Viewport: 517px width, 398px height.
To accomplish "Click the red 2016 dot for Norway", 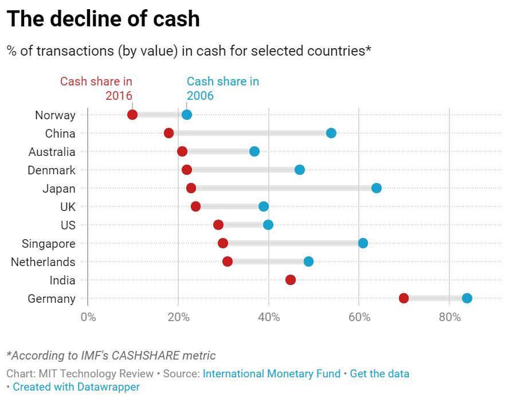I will pyautogui.click(x=132, y=115).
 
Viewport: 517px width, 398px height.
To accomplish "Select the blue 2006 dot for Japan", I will pyautogui.click(x=377, y=188).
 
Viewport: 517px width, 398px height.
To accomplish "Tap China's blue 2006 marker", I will pyautogui.click(x=331, y=133).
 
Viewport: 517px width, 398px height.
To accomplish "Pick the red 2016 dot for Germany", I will pyautogui.click(x=404, y=298).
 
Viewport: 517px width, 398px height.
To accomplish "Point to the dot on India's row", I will pyautogui.click(x=291, y=280).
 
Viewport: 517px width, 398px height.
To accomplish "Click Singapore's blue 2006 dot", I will pyautogui.click(x=363, y=243).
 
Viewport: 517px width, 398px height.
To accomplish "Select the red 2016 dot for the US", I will pyautogui.click(x=218, y=225).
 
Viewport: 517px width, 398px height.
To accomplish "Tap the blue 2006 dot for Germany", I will pyautogui.click(x=467, y=298).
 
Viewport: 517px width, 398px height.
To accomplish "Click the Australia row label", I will pyautogui.click(x=52, y=152).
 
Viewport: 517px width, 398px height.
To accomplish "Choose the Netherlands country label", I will pyautogui.click(x=43, y=262).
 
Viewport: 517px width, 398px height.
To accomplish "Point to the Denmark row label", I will pyautogui.click(x=52, y=170).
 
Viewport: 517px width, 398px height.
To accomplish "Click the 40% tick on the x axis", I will pyautogui.click(x=269, y=317).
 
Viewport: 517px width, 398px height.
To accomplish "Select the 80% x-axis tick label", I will pyautogui.click(x=449, y=317).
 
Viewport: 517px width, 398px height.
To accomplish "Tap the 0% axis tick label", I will pyautogui.click(x=88, y=317).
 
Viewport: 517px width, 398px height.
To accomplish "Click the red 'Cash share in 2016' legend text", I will pyautogui.click(x=96, y=88).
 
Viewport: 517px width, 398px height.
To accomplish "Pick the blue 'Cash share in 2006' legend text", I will pyautogui.click(x=222, y=88).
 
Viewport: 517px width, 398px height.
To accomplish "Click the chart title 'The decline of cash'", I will pyautogui.click(x=103, y=19).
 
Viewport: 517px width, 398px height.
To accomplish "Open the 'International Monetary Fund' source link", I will pyautogui.click(x=272, y=374).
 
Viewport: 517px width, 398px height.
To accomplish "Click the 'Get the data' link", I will pyautogui.click(x=379, y=374).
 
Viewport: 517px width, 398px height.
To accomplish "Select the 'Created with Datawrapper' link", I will pyautogui.click(x=76, y=387).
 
